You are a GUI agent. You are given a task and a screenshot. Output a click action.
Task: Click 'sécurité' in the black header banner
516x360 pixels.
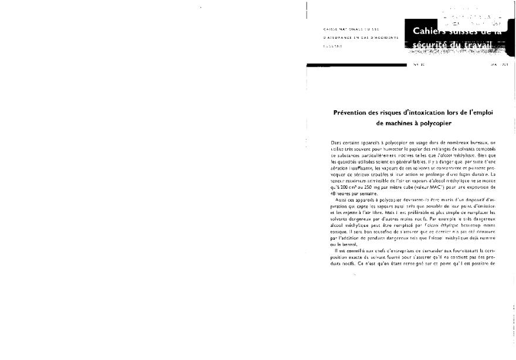(433, 45)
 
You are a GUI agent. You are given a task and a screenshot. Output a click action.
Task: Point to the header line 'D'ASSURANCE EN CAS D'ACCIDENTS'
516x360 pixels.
(359, 36)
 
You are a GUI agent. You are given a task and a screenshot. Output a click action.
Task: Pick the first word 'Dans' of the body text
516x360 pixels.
(336, 142)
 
